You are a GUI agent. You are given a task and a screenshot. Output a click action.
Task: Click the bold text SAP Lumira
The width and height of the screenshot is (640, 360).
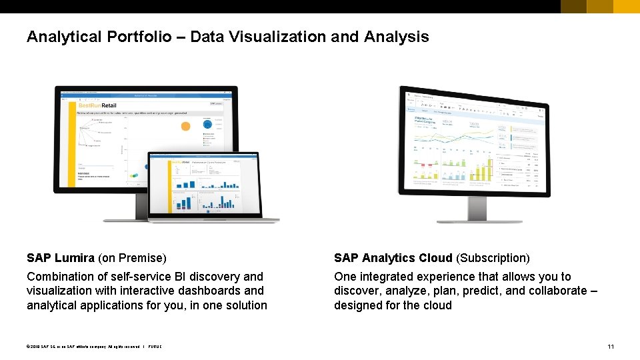(x=61, y=258)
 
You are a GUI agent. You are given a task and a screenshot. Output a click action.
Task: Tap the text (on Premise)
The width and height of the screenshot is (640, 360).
(x=132, y=258)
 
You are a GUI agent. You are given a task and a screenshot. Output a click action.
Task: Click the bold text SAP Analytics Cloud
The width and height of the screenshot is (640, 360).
(x=393, y=258)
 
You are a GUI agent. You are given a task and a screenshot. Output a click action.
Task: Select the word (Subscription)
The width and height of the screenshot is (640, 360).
(x=493, y=258)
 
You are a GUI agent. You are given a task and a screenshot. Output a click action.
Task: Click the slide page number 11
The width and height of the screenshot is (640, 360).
(x=611, y=346)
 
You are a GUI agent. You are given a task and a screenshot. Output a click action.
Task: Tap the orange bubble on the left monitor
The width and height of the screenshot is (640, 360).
(x=186, y=125)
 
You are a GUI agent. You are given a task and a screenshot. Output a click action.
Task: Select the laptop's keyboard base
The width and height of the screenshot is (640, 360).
(x=213, y=220)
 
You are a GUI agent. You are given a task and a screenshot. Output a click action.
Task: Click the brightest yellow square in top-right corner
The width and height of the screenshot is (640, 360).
(x=626, y=7)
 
